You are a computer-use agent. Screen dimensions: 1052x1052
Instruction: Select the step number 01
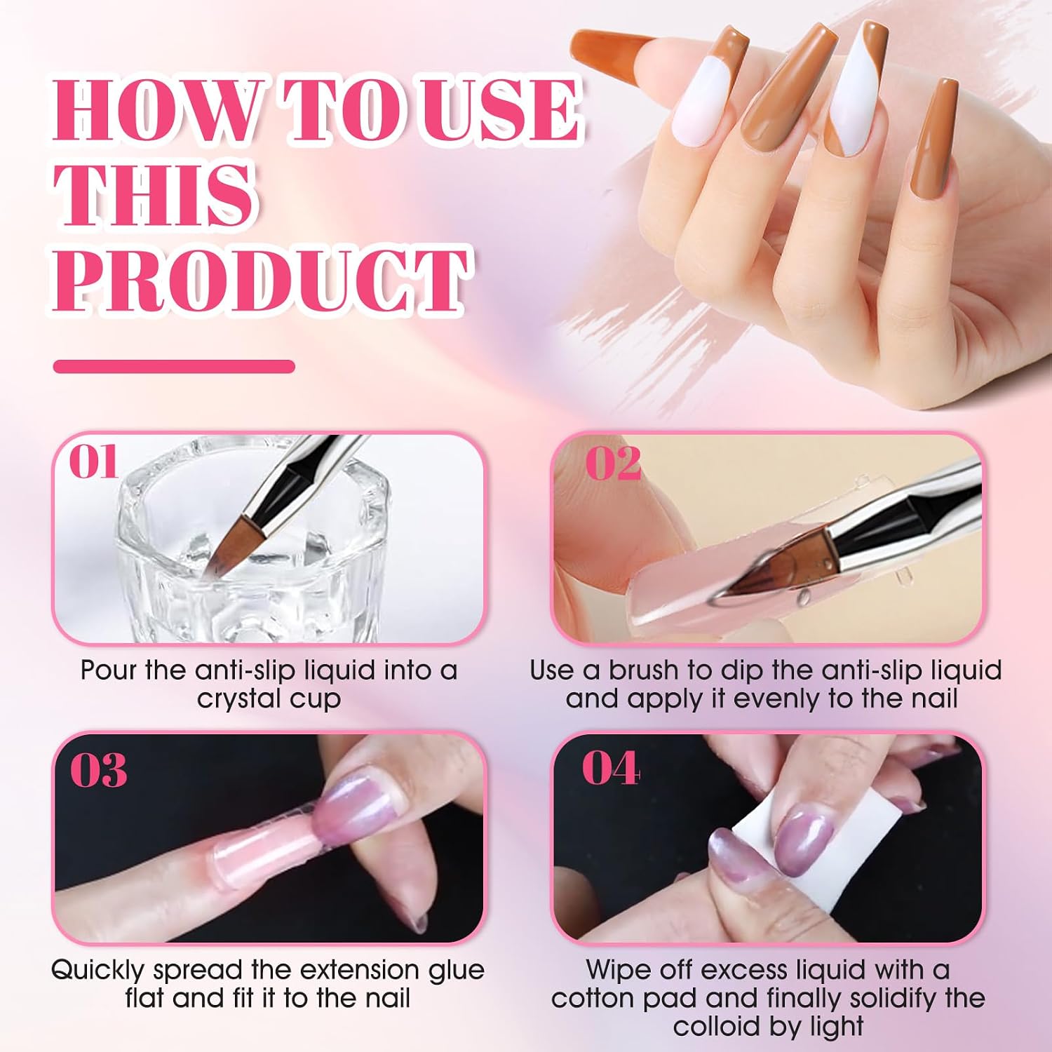93,462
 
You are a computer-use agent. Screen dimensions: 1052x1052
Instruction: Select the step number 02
613,463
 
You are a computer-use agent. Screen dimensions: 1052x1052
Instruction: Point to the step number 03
98,769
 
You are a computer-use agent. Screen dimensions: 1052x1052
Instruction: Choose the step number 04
611,769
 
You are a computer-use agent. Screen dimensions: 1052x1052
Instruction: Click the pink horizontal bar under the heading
174,366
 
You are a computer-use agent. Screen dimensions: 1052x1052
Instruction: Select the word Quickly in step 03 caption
98,971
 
